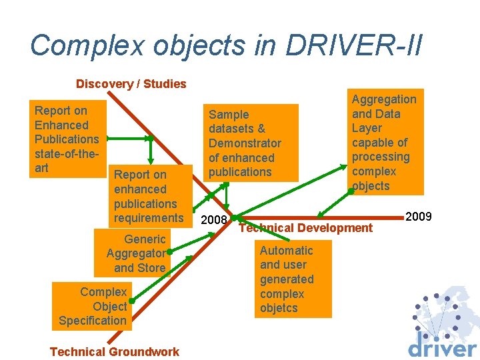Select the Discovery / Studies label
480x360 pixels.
[131, 84]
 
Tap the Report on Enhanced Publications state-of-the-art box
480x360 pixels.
[67, 139]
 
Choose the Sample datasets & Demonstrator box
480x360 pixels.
[245, 143]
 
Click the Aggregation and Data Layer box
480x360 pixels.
[384, 142]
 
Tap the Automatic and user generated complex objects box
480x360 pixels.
[286, 279]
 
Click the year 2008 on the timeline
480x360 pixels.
[214, 221]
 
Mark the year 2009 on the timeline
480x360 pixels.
[419, 217]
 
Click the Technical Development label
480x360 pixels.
[305, 228]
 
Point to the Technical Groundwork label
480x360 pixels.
[115, 352]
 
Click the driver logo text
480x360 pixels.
[442, 347]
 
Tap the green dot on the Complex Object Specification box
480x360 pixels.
[131, 301]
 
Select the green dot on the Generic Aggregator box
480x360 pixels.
[170, 253]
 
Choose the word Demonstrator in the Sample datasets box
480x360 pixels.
[245, 143]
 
